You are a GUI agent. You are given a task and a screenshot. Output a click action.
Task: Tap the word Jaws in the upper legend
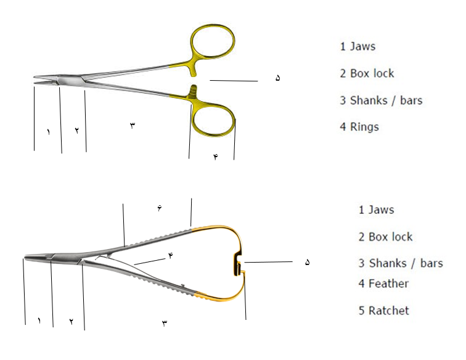pyautogui.click(x=362, y=46)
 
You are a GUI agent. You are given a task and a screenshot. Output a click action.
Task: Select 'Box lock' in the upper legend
pyautogui.click(x=372, y=73)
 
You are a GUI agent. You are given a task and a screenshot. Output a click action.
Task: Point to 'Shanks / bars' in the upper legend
pyautogui.click(x=386, y=100)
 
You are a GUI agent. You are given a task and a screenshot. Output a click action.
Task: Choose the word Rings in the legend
pyautogui.click(x=364, y=127)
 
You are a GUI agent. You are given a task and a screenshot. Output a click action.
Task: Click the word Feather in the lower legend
pyautogui.click(x=388, y=284)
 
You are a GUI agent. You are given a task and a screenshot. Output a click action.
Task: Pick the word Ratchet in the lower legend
pyautogui.click(x=389, y=311)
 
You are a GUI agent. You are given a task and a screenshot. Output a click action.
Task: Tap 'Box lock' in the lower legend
pyautogui.click(x=391, y=237)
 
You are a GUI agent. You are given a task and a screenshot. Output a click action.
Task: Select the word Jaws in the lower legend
pyautogui.click(x=382, y=210)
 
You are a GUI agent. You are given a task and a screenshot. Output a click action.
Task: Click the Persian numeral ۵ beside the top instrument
pyautogui.click(x=277, y=78)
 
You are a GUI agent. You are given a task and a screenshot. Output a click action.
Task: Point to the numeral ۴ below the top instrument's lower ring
pyautogui.click(x=216, y=157)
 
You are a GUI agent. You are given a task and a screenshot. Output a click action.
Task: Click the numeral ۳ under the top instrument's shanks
pyautogui.click(x=133, y=125)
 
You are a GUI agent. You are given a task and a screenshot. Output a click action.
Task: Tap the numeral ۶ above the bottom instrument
pyautogui.click(x=160, y=208)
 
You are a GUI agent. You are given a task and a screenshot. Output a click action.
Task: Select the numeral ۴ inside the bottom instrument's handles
pyautogui.click(x=171, y=255)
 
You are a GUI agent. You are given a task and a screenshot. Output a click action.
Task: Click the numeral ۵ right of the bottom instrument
pyautogui.click(x=308, y=262)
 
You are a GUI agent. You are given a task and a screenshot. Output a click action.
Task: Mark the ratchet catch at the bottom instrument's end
pyautogui.click(x=238, y=264)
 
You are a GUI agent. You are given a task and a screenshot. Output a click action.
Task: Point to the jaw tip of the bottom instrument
pyautogui.click(x=25, y=258)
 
